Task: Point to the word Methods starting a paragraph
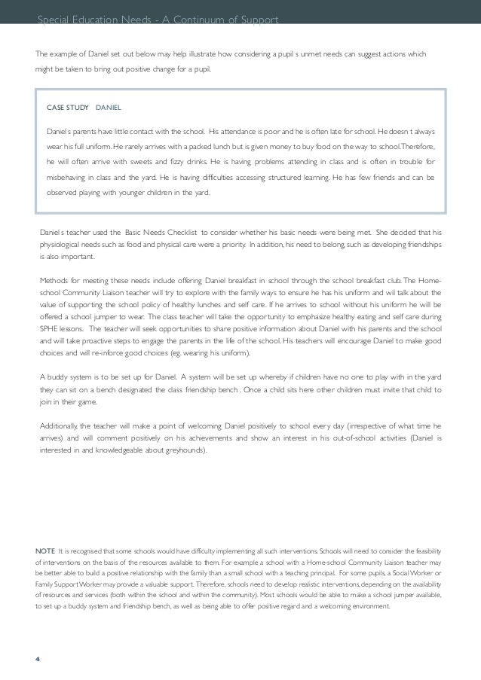(53, 281)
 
